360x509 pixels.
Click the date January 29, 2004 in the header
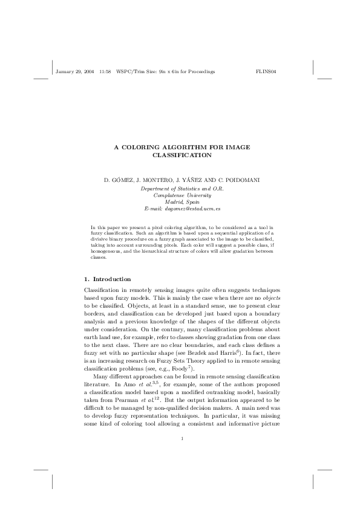point(74,71)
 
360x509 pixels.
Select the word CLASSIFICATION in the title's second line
point(182,155)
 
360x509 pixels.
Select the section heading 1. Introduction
point(106,279)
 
